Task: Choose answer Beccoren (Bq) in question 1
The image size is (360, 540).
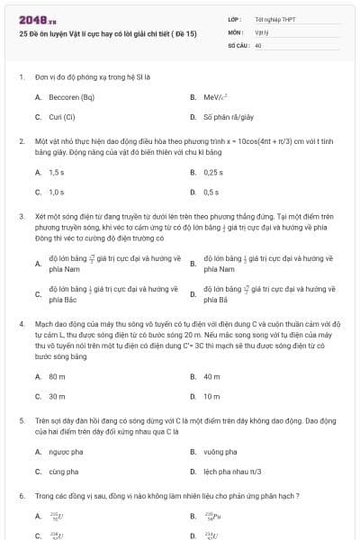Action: (x=70, y=96)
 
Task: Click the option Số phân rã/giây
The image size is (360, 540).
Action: (x=228, y=116)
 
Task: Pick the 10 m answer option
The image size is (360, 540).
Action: (x=211, y=396)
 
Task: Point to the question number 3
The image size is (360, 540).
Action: (x=21, y=216)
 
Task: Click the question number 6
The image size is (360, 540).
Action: (x=21, y=496)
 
